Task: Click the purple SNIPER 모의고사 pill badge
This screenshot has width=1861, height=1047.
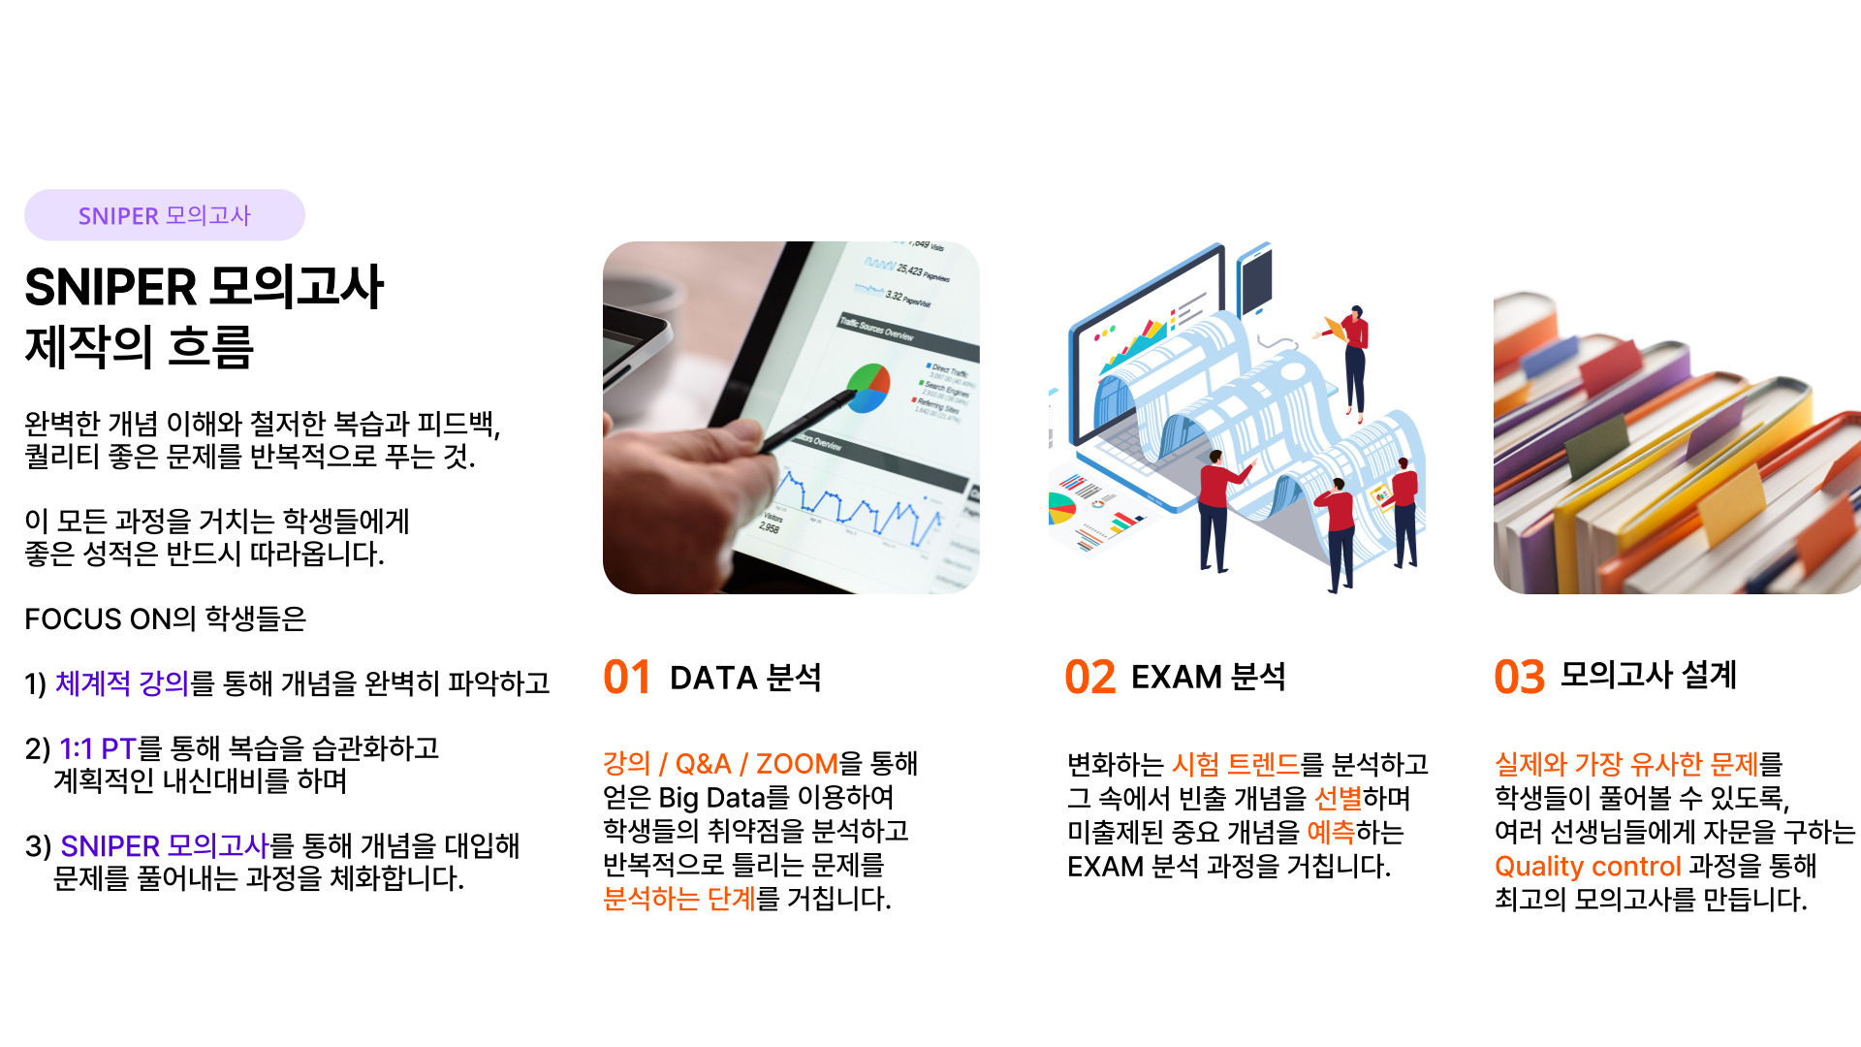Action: coord(165,215)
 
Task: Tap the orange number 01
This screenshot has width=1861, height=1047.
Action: coord(627,677)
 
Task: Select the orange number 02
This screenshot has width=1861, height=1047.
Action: coord(1090,677)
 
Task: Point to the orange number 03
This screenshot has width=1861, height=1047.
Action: coord(1519,677)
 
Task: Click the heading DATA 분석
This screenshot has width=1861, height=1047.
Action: coord(745,677)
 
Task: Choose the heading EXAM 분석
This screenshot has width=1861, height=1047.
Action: coord(1208,677)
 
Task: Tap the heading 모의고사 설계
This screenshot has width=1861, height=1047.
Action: coord(1648,675)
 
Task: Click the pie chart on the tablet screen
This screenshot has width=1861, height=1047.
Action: coord(867,388)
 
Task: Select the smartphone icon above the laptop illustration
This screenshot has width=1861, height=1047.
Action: coord(1255,279)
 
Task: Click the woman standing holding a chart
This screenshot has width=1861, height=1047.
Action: coord(1351,364)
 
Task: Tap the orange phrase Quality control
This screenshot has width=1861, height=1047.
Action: coord(1588,866)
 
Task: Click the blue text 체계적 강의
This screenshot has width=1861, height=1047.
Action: coord(122,683)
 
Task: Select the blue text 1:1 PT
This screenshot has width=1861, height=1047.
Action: coord(97,748)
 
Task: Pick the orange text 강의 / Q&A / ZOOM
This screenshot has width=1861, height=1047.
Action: coord(720,764)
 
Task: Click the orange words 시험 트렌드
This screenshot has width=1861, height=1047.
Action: coord(1235,764)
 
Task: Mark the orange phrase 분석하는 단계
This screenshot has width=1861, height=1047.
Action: coord(678,899)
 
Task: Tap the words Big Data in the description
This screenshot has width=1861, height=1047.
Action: coord(712,798)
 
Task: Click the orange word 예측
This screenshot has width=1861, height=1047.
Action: coord(1331,832)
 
